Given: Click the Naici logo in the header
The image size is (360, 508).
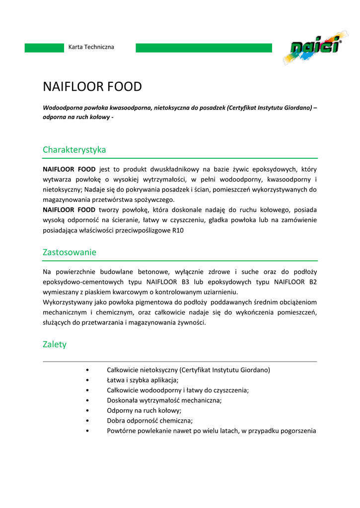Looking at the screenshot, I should click(x=312, y=49).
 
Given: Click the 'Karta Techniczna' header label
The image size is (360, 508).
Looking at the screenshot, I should click(x=91, y=47).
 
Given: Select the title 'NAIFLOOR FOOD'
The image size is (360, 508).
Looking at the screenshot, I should click(x=92, y=87).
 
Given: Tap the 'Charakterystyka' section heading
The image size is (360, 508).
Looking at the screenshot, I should click(x=74, y=149).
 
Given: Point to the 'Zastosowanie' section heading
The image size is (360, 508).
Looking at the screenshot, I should click(x=70, y=252).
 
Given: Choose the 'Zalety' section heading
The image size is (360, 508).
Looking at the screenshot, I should click(x=55, y=344).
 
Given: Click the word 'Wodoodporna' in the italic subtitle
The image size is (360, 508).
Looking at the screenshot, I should click(x=62, y=108).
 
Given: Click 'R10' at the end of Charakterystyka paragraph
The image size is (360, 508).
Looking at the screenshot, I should click(x=178, y=230).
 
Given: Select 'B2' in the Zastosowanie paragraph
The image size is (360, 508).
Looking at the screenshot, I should click(x=312, y=282).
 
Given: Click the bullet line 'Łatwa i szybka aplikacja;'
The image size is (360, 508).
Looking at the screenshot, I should click(x=143, y=380).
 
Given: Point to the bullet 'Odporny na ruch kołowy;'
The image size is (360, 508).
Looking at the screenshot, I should click(x=144, y=410).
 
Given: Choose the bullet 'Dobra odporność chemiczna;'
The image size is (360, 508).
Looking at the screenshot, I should click(x=149, y=421).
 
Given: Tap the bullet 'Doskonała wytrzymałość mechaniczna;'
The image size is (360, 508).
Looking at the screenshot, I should click(x=164, y=400).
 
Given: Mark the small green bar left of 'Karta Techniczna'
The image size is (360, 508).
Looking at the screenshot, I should click(x=45, y=48).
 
